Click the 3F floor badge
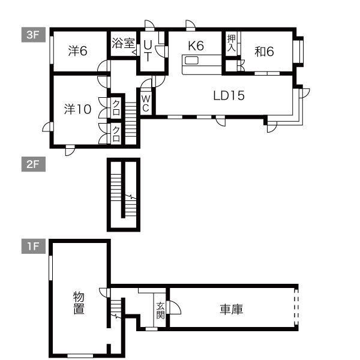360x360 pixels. pyautogui.click(x=32, y=35)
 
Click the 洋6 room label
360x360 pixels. pyautogui.click(x=78, y=52)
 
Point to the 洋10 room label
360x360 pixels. pyautogui.click(x=77, y=109)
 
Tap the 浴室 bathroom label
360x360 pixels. pyautogui.click(x=123, y=43)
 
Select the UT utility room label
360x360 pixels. pyautogui.click(x=147, y=52)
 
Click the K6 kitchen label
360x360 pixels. pyautogui.click(x=196, y=46)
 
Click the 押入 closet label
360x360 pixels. pyautogui.click(x=232, y=45)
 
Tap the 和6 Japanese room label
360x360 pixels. pyautogui.click(x=264, y=52)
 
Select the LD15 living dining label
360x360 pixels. pyautogui.click(x=229, y=95)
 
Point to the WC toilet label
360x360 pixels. pyautogui.click(x=146, y=103)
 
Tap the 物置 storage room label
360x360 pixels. pyautogui.click(x=78, y=303)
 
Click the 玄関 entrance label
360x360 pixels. pyautogui.click(x=160, y=309)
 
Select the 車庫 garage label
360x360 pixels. pyautogui.click(x=230, y=310)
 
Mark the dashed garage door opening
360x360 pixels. pyautogui.click(x=296, y=307)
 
